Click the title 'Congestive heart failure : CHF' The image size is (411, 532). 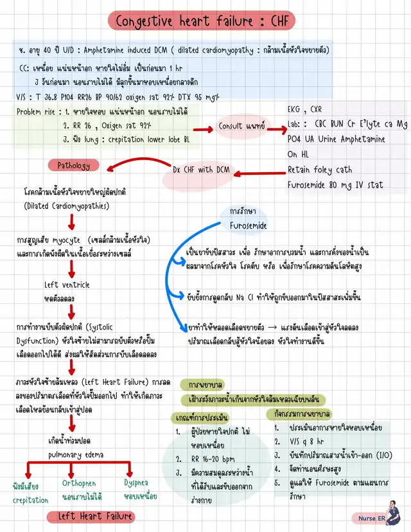click(202, 21)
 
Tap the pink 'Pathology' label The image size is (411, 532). click(74, 165)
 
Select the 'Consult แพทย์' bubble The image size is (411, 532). click(241, 126)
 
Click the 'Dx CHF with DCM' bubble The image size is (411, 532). click(201, 170)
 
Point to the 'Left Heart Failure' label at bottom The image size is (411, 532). click(90, 516)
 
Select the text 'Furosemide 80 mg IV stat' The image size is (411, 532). click(335, 185)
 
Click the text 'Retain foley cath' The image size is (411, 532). click(320, 170)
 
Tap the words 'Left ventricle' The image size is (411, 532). click(67, 285)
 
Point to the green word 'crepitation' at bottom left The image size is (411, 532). click(30, 500)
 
